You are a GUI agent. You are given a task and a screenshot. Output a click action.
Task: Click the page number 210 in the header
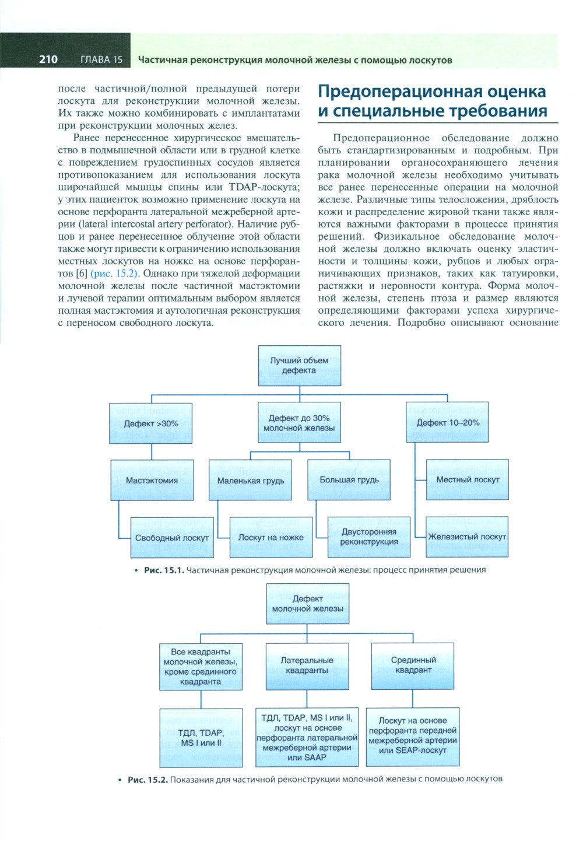pos(48,59)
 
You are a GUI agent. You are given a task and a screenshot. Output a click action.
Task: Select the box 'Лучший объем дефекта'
pos(299,365)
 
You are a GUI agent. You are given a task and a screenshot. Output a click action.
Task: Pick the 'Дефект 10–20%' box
pos(448,422)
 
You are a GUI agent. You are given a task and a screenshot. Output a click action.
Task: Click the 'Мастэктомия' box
pos(152,481)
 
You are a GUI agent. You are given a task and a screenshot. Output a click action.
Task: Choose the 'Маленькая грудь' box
pos(251,481)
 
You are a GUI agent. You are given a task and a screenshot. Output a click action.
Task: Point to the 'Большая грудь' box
pos(349,480)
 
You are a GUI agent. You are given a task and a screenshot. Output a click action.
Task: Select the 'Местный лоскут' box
pos(468,479)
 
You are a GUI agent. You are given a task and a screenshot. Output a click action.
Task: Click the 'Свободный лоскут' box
pos(171,538)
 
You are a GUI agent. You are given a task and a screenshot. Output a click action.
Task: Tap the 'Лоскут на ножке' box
pos(271,537)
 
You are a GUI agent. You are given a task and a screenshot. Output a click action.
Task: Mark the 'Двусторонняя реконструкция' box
pos(368,537)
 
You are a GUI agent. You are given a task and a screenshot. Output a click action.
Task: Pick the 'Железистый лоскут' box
pos(467,537)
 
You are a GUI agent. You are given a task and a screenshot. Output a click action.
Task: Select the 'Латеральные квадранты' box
pos(307,665)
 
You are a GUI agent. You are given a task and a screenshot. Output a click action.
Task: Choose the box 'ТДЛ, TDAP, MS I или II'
pos(201,738)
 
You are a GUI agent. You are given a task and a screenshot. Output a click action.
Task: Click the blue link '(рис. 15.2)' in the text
pos(113,274)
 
